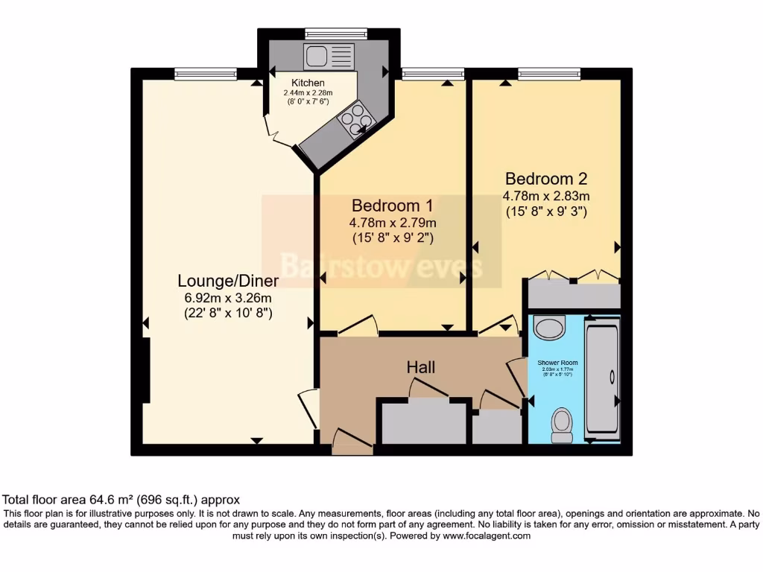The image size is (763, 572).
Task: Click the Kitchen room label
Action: pos(308,83)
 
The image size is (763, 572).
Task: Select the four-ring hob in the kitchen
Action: pos(355,119)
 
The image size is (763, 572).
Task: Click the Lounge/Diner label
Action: pos(228,281)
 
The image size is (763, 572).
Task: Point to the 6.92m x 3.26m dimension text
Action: pos(228,298)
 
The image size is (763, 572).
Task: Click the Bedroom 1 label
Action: pos(392,205)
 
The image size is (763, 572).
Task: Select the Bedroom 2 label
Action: pos(546,179)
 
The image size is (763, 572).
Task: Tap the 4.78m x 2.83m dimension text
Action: pos(546,196)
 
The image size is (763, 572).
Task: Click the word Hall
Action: pos(421,367)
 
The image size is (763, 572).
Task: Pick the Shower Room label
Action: pos(557,363)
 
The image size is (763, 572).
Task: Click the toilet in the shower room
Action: pos(561,422)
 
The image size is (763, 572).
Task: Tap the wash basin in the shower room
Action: pos(550,327)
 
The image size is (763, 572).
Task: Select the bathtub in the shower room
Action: pos(602,378)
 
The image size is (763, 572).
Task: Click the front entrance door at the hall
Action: pos(352,444)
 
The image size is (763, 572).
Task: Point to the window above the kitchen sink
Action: pos(336,33)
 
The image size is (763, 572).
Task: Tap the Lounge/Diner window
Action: pos(206,73)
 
